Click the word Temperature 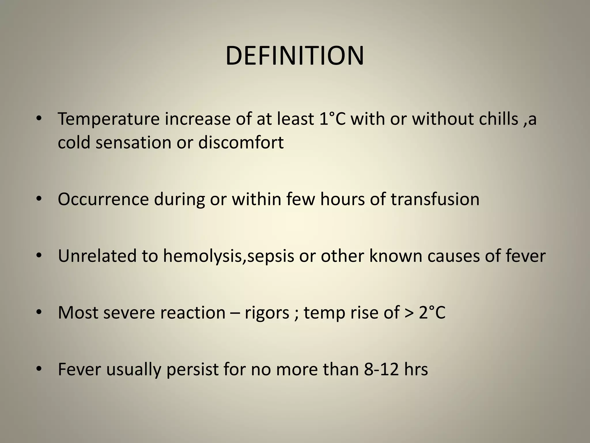coord(109,119)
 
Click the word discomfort coord(241,142)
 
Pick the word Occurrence coord(103,199)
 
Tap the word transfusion coord(435,199)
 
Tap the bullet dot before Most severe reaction coord(39,312)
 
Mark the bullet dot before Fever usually coord(39,369)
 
